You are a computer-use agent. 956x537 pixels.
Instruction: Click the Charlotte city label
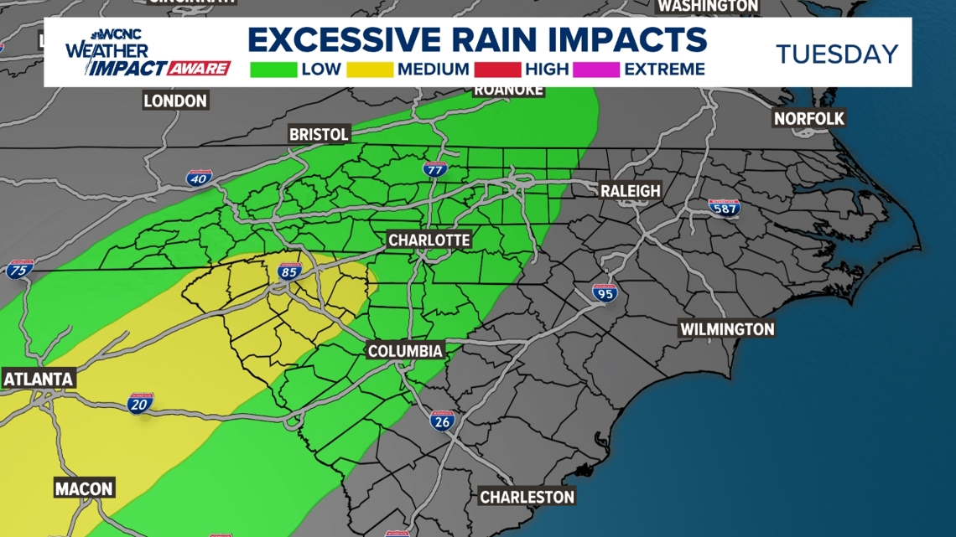[x=429, y=240]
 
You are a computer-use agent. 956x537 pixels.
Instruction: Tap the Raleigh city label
[x=630, y=191]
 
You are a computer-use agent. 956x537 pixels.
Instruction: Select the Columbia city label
[x=405, y=351]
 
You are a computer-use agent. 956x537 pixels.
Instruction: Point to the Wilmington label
[x=726, y=329]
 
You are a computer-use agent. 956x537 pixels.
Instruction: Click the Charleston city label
[x=527, y=497]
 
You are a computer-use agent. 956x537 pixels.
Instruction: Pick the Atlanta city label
[x=39, y=379]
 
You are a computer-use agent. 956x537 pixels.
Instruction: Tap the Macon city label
[x=84, y=488]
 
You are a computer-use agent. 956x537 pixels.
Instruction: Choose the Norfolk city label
[x=808, y=118]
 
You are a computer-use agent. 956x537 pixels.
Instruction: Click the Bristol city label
[x=318, y=134]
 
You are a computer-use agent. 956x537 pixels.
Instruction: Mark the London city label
[x=174, y=101]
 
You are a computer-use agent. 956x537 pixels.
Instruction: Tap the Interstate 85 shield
[x=290, y=271]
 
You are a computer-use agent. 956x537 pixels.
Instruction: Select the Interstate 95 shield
[x=604, y=292]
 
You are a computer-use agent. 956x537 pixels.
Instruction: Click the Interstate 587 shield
[x=725, y=207]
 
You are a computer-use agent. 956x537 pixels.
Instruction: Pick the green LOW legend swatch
[x=273, y=70]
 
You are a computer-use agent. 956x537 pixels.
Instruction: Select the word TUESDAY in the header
[x=836, y=54]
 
